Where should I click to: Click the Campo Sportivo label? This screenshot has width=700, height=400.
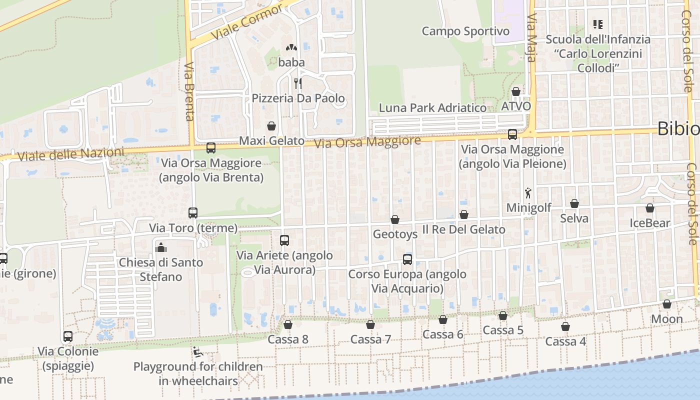coord(465,31)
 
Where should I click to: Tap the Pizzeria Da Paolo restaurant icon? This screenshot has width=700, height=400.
coord(298,83)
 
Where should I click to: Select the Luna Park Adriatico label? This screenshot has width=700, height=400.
coord(432,107)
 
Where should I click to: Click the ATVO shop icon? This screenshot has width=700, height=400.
coord(516,91)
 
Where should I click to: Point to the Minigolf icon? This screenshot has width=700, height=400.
coord(528,193)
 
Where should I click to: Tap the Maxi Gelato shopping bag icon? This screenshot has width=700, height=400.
coord(271,125)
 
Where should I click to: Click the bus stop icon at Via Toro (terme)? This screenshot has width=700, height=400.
coord(193,213)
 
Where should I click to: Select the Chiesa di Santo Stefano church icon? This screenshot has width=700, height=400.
coord(160,247)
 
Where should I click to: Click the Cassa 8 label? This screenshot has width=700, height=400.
coord(288,339)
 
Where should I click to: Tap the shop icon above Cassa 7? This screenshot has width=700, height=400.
coord(370,324)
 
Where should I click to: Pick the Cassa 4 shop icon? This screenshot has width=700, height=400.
coord(565,326)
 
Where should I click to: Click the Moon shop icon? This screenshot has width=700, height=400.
coord(667,304)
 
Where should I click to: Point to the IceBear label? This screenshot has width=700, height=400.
coord(649,223)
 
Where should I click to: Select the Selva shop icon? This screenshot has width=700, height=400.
coord(574,203)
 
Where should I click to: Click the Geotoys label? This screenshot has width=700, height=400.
coord(395,234)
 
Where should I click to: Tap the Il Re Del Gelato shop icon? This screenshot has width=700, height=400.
coord(464,214)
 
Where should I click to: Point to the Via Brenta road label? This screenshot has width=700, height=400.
coord(189,91)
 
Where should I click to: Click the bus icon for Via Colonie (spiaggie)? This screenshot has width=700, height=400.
coord(68,336)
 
